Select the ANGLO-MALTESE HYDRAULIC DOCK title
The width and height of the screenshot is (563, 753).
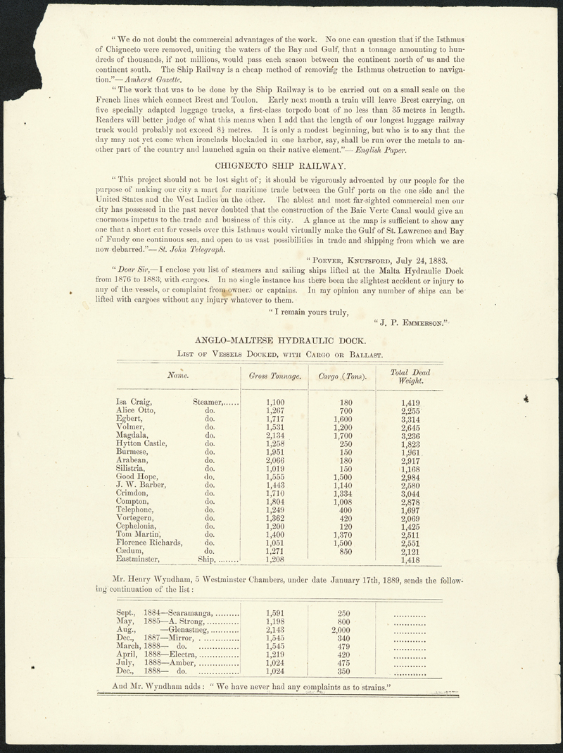point(280,339)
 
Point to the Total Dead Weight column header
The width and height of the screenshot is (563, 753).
point(410,376)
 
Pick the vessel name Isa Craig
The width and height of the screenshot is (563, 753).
point(132,403)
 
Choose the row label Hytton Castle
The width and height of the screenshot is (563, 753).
point(142,443)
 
